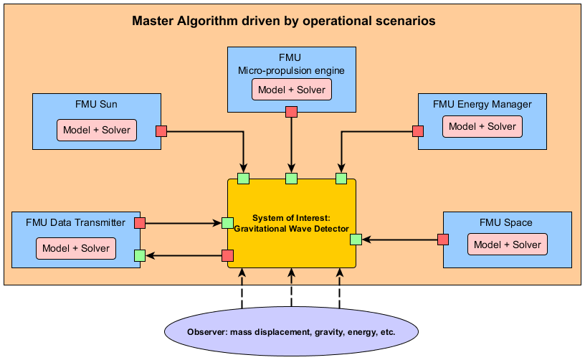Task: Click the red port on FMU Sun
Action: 161,131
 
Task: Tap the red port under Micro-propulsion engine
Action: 291,111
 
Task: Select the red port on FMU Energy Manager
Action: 418,131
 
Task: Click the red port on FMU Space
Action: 443,240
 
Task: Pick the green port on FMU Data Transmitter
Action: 140,255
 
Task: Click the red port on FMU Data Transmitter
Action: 140,223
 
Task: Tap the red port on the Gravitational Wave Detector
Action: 227,255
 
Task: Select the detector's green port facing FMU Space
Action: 356,240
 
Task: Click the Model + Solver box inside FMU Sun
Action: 97,131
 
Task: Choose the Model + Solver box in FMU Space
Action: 508,244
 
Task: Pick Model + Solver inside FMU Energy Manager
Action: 482,126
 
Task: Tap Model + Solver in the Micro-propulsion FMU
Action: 291,90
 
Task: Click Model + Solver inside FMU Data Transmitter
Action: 76,248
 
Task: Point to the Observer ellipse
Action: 291,332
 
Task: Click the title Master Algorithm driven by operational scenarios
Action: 284,21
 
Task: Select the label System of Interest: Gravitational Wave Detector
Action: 291,223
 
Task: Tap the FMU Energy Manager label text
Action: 482,104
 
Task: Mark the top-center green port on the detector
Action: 291,178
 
